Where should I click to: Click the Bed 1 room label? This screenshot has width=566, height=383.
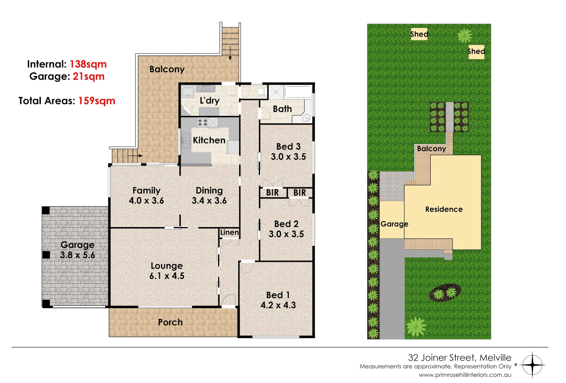pyautogui.click(x=278, y=300)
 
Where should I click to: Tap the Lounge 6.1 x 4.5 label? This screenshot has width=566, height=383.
pyautogui.click(x=167, y=271)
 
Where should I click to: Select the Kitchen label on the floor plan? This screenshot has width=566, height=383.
pyautogui.click(x=209, y=140)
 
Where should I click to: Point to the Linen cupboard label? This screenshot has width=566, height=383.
pyautogui.click(x=229, y=232)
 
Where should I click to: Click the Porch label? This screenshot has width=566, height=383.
pyautogui.click(x=170, y=322)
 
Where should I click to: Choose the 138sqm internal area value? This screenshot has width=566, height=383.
pyautogui.click(x=88, y=64)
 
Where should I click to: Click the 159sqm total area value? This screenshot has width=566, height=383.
pyautogui.click(x=96, y=101)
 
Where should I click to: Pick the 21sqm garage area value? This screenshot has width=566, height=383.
pyautogui.click(x=89, y=77)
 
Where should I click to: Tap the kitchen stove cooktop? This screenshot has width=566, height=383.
pyautogui.click(x=202, y=123)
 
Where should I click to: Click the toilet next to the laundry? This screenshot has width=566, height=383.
pyautogui.click(x=262, y=92)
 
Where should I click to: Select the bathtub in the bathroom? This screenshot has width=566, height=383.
pyautogui.click(x=298, y=92)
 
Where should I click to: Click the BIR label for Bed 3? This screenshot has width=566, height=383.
pyautogui.click(x=272, y=193)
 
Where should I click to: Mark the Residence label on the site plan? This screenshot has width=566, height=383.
pyautogui.click(x=444, y=209)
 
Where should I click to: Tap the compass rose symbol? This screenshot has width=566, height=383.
pyautogui.click(x=532, y=365)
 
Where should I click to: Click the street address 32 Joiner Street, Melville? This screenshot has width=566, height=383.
pyautogui.click(x=459, y=357)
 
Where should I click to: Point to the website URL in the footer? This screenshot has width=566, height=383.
pyautogui.click(x=465, y=375)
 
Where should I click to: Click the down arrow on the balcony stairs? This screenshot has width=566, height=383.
pyautogui.click(x=230, y=53)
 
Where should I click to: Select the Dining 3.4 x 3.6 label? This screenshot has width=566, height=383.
pyautogui.click(x=209, y=196)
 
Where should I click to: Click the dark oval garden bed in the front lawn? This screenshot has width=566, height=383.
pyautogui.click(x=445, y=293)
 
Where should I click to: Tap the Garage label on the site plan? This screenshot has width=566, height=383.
pyautogui.click(x=394, y=224)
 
